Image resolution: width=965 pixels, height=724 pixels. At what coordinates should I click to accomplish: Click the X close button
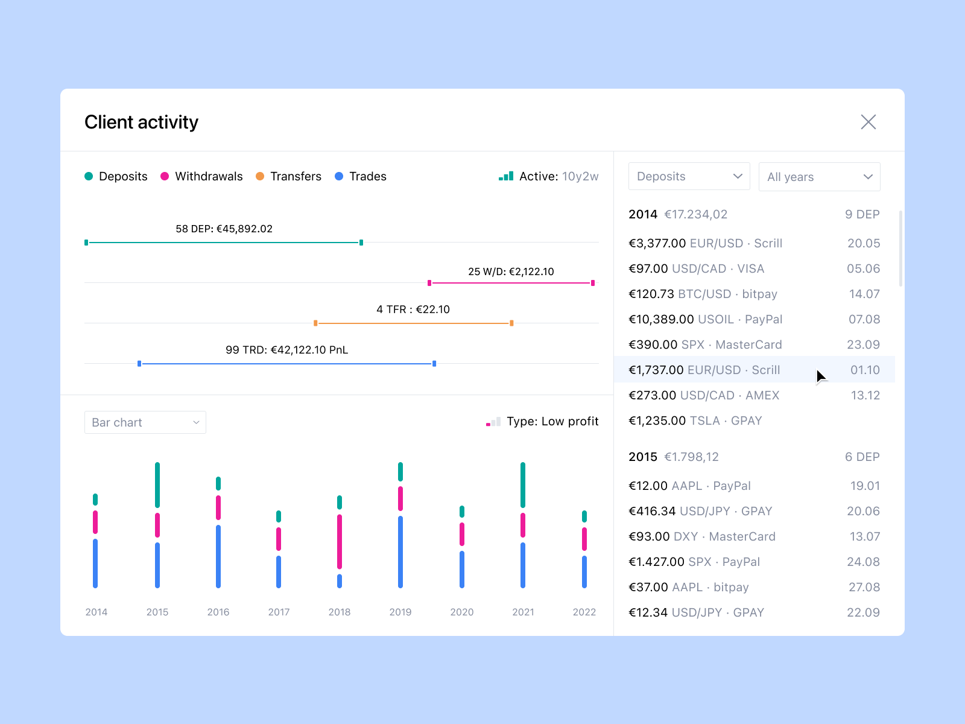click(x=868, y=122)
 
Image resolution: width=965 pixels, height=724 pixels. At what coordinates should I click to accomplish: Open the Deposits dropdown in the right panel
click(x=689, y=176)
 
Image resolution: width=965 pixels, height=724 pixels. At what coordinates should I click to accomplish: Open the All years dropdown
click(x=819, y=177)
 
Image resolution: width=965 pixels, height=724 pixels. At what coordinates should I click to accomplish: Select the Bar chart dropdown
click(x=145, y=422)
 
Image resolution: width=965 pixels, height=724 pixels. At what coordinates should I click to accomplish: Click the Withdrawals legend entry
click(x=208, y=176)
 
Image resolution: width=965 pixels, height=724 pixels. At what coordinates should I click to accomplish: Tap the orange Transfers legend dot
click(x=260, y=176)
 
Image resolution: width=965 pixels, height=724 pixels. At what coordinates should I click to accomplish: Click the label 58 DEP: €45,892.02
click(x=224, y=229)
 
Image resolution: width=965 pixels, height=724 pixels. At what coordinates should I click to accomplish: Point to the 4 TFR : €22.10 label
click(x=413, y=310)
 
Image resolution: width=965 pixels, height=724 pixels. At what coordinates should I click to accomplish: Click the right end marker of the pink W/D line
click(x=593, y=283)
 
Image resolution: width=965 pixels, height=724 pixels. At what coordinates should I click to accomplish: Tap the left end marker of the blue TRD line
click(x=139, y=364)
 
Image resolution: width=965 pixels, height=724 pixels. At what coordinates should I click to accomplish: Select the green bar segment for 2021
click(x=523, y=484)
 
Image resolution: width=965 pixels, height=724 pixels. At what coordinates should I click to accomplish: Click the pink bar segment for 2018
click(x=340, y=541)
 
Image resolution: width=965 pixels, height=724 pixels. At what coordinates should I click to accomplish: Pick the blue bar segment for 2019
click(x=400, y=551)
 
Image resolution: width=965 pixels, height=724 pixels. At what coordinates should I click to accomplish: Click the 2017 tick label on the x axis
click(x=279, y=612)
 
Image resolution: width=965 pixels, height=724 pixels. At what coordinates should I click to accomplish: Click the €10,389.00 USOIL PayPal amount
click(x=661, y=319)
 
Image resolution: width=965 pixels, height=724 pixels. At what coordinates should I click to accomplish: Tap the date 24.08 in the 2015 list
click(x=863, y=562)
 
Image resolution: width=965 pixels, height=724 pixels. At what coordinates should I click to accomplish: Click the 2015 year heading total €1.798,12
click(x=691, y=457)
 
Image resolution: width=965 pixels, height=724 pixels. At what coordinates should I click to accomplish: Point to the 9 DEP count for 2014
click(x=862, y=214)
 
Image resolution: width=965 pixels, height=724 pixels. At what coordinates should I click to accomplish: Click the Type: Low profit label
click(x=552, y=421)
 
